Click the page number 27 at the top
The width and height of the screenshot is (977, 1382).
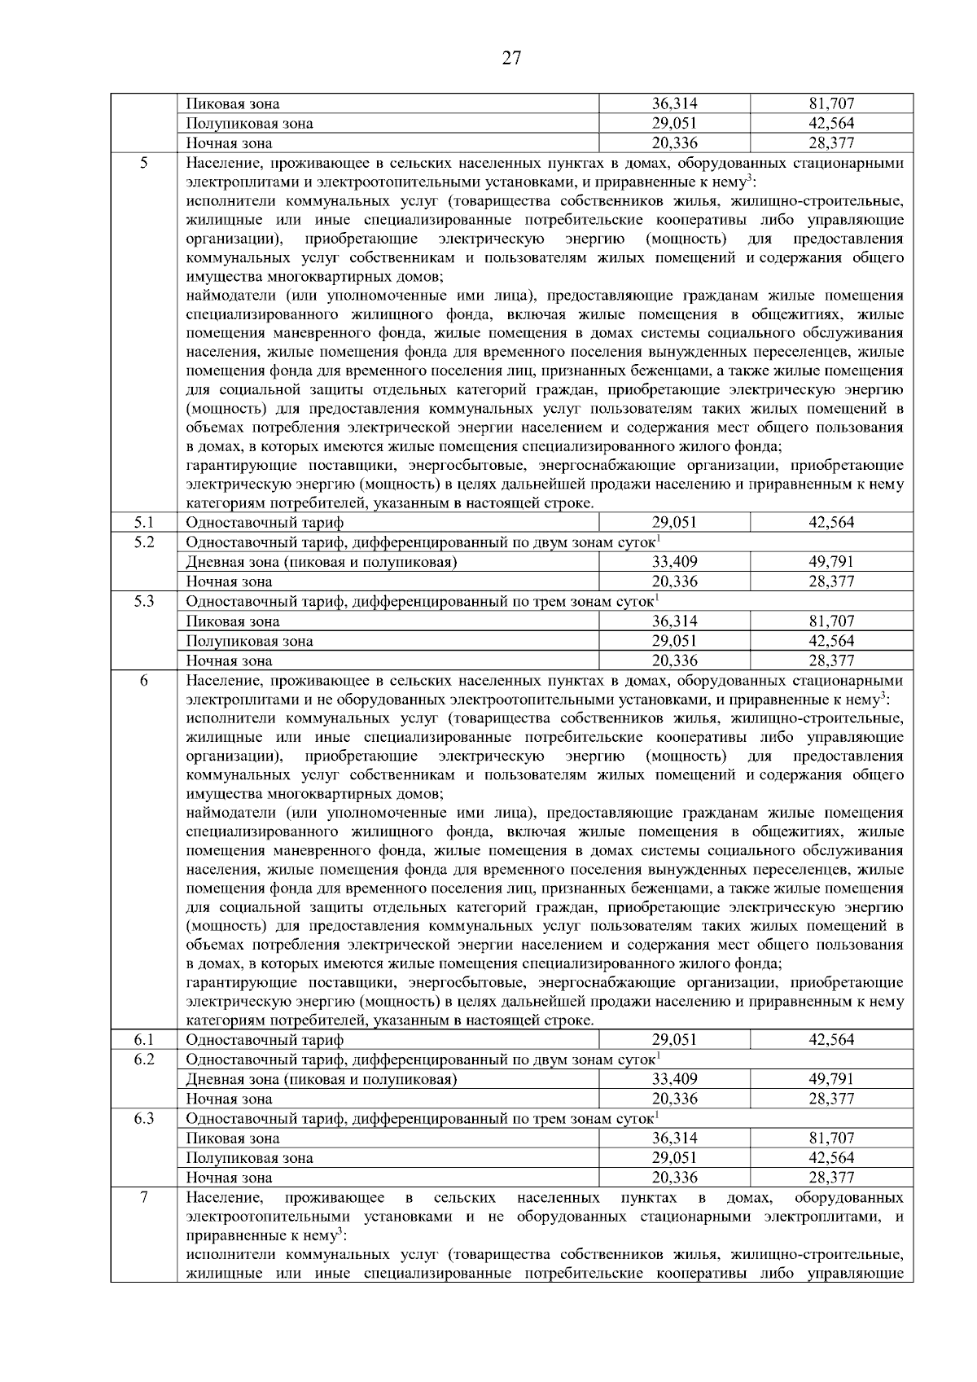tap(511, 58)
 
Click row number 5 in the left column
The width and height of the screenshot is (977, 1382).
tap(143, 163)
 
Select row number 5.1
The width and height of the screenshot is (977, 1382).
tap(143, 523)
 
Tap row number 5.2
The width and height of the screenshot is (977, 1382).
tap(143, 542)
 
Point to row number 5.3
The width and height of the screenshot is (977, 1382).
tap(143, 602)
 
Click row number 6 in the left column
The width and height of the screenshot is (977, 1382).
tap(143, 681)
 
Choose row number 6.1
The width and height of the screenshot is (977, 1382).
tap(143, 1040)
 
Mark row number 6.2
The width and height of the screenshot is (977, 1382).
tap(143, 1060)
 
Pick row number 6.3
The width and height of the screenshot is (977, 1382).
tap(143, 1119)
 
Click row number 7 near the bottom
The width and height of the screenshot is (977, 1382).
tap(143, 1198)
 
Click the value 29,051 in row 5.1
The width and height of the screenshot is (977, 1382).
tap(674, 523)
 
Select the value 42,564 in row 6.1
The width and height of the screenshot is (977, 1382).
tap(831, 1040)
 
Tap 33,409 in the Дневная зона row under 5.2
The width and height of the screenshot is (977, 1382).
tap(674, 562)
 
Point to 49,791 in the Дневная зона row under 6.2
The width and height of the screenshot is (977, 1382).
tap(831, 1079)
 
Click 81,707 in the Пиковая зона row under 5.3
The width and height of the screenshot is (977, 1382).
tap(831, 621)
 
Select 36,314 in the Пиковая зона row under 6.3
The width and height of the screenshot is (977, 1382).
tap(674, 1139)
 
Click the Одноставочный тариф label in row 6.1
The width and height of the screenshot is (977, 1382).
tap(265, 1040)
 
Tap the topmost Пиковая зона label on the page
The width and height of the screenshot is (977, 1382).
tap(233, 104)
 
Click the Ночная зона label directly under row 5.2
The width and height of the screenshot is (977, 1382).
tap(229, 581)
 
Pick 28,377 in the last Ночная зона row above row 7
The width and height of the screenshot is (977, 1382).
tap(831, 1178)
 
